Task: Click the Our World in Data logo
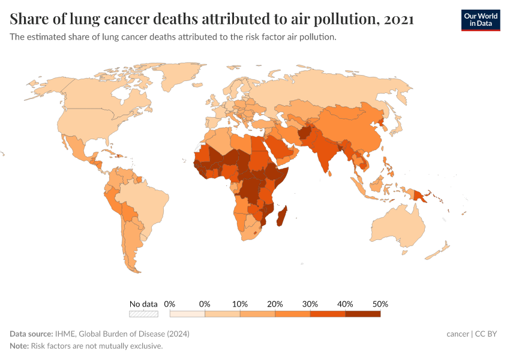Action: click(480, 20)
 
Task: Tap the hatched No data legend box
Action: click(143, 313)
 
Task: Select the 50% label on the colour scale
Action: click(380, 304)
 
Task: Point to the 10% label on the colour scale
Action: click(240, 304)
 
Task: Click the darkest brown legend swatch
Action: click(362, 313)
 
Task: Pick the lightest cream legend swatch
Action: click(187, 313)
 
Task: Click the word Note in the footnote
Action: click(19, 346)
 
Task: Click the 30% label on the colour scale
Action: click(310, 304)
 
